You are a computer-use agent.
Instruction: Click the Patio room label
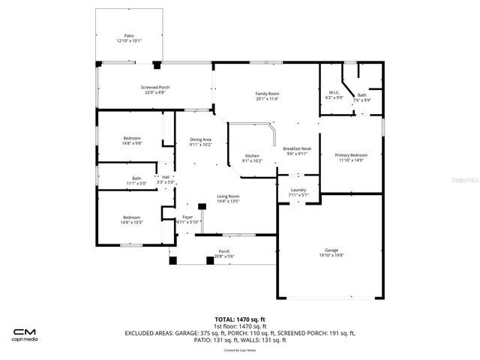[x=128, y=37]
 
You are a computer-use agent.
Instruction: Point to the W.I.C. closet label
[x=334, y=94]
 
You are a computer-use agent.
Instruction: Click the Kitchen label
[x=252, y=156]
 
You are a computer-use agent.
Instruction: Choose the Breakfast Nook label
[x=297, y=148]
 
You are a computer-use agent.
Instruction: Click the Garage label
[x=331, y=250]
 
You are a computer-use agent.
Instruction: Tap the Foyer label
[x=187, y=217]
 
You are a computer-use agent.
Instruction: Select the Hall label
[x=165, y=177]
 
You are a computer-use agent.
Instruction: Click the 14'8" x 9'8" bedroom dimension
[x=132, y=143]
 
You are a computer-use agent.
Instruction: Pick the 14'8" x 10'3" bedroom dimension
[x=132, y=222]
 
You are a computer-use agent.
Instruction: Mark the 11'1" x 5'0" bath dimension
[x=136, y=183]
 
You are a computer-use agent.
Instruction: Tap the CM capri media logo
[x=27, y=334]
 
